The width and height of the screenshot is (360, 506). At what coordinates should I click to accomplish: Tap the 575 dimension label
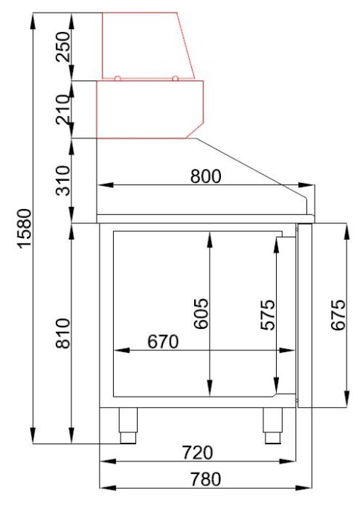[x=268, y=315]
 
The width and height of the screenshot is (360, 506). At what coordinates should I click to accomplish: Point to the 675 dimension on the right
[x=338, y=315]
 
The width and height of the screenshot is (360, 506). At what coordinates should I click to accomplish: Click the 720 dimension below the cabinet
[x=198, y=452]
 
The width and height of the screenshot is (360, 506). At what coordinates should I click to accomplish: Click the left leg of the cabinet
[x=127, y=423]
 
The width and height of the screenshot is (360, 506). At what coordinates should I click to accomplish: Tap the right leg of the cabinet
[x=271, y=423]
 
